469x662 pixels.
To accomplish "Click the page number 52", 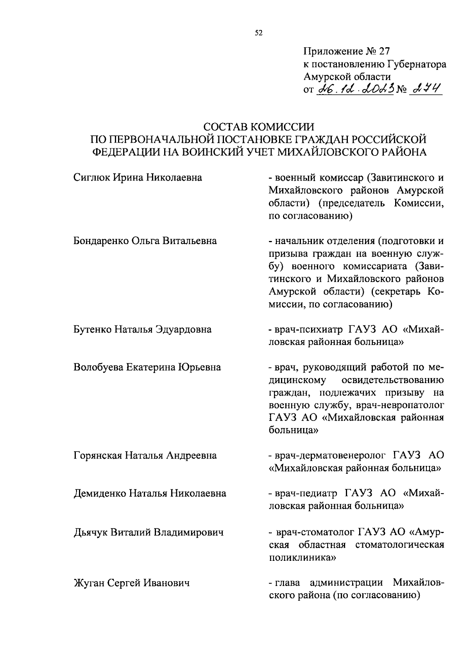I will tap(258, 34).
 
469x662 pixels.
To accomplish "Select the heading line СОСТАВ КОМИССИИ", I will tap(259, 127).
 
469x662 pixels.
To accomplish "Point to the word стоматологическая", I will tap(400, 545).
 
